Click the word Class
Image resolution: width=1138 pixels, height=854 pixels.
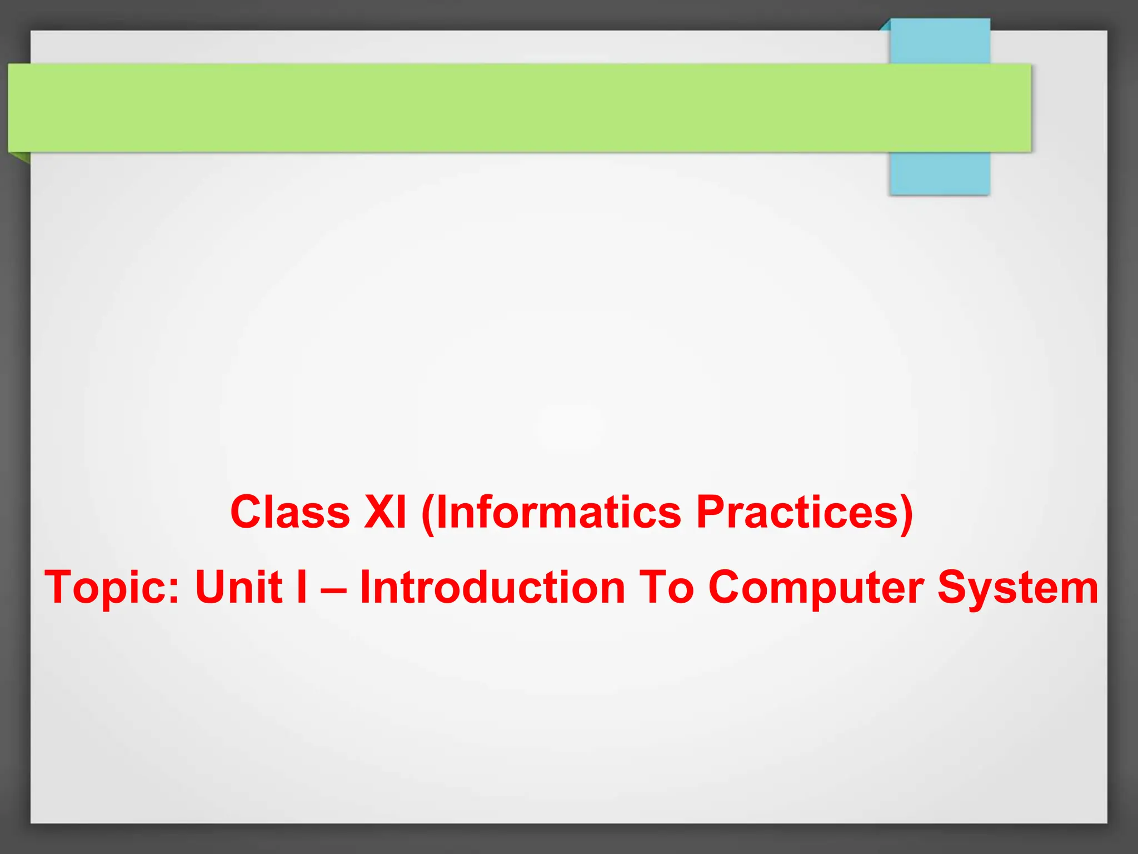click(290, 512)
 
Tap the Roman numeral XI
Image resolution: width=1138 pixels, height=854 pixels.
click(385, 512)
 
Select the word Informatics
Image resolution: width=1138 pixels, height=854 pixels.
click(558, 512)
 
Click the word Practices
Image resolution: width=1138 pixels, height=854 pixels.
click(796, 512)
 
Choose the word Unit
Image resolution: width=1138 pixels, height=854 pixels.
click(239, 587)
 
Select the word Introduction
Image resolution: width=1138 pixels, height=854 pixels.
click(492, 587)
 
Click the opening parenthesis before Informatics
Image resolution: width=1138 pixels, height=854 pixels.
click(428, 514)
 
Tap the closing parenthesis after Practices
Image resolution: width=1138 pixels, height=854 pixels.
click(906, 514)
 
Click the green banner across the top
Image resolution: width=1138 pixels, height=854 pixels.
click(500, 107)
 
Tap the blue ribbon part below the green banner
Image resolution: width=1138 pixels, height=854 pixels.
click(939, 173)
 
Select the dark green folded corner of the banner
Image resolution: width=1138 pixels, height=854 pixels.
click(21, 157)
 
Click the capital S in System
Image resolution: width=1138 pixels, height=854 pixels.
click(953, 587)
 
